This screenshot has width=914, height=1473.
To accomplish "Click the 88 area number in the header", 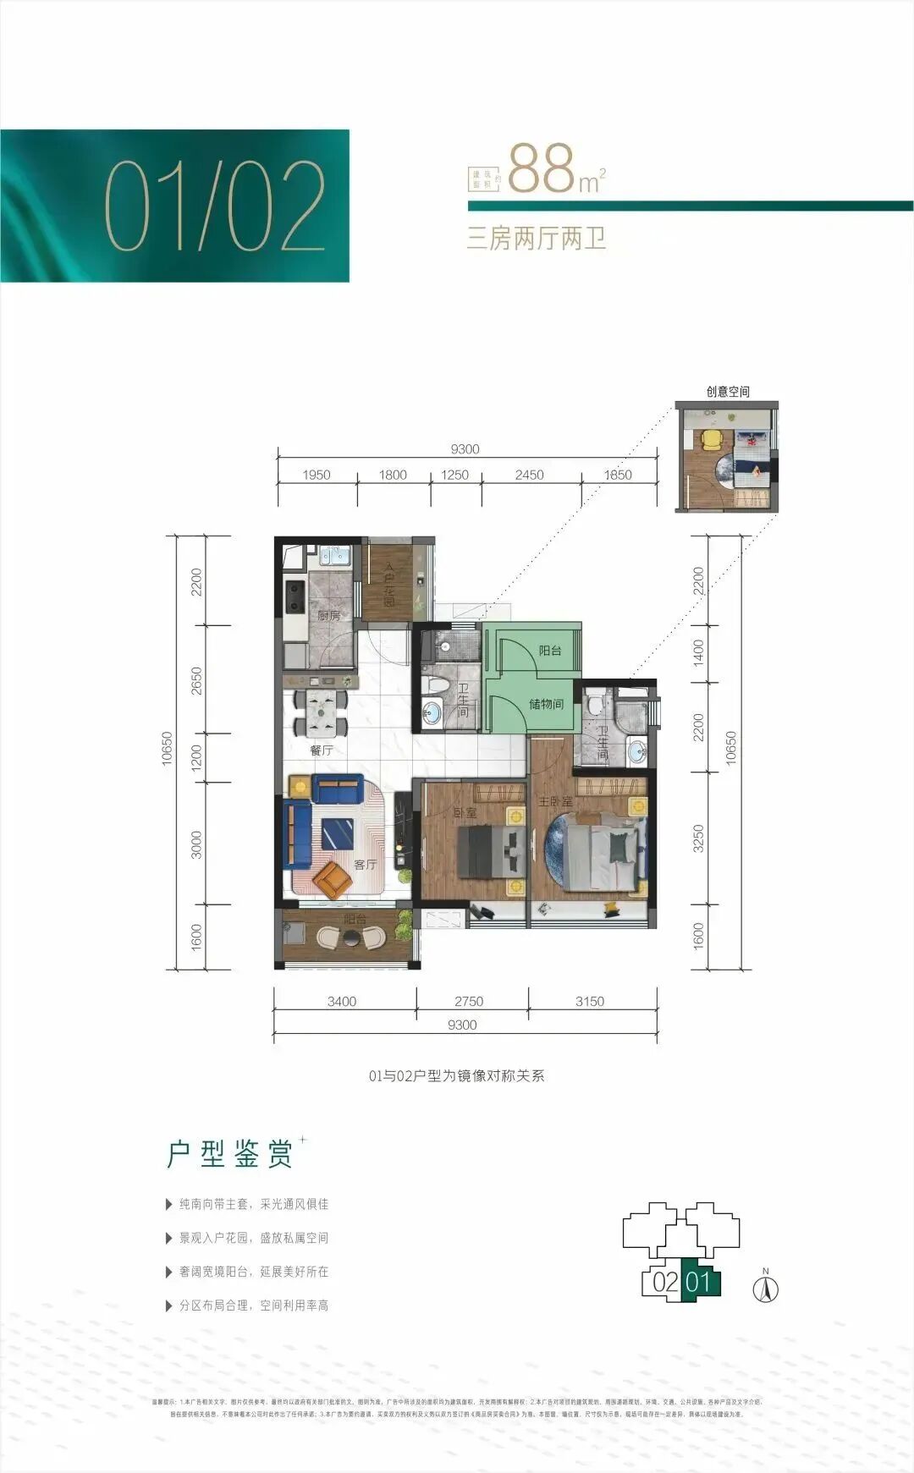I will pyautogui.click(x=542, y=168).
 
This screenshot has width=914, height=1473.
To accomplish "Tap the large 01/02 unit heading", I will pyautogui.click(x=215, y=206).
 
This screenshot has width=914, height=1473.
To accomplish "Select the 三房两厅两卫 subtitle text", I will pyautogui.click(x=537, y=239).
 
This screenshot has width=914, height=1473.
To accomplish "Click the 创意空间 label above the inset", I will pyautogui.click(x=728, y=392).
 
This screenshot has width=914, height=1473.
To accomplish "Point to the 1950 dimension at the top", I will pyautogui.click(x=317, y=475).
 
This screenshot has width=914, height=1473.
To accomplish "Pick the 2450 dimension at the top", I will pyautogui.click(x=530, y=475).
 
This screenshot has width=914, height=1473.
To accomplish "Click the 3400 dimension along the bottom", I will pyautogui.click(x=342, y=1001).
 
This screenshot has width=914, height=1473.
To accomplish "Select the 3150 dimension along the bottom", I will pyautogui.click(x=590, y=1001).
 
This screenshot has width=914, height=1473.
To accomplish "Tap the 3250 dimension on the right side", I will pyautogui.click(x=698, y=838).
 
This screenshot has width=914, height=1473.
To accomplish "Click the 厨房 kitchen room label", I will pyautogui.click(x=329, y=616).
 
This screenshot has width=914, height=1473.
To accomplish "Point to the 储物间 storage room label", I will pyautogui.click(x=546, y=704).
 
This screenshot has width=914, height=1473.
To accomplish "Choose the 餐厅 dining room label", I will pyautogui.click(x=322, y=750).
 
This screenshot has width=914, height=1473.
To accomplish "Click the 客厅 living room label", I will pyautogui.click(x=366, y=864).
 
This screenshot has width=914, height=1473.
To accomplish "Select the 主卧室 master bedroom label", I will pyautogui.click(x=556, y=800).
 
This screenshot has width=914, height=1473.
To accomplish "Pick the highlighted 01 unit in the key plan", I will pyautogui.click(x=699, y=1281).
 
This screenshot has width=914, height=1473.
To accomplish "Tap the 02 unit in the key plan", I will pyautogui.click(x=665, y=1281).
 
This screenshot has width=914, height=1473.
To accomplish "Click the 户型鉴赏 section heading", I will pyautogui.click(x=229, y=1154).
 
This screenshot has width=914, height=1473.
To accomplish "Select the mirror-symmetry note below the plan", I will pyautogui.click(x=457, y=1076).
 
